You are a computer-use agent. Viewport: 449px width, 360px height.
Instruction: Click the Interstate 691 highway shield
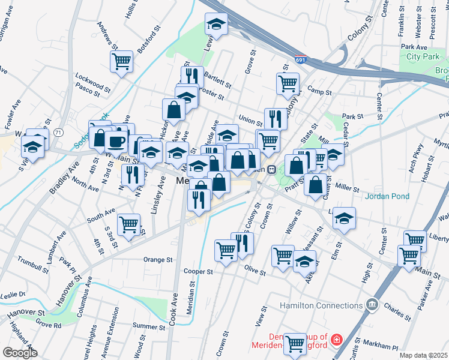(x=301, y=60)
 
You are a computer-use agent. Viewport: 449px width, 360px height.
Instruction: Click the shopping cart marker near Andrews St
(x=121, y=61)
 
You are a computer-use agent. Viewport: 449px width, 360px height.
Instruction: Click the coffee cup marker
(x=115, y=142)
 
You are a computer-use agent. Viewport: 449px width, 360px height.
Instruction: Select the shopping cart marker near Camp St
(x=288, y=83)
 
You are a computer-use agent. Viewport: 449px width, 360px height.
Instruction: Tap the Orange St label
(x=158, y=260)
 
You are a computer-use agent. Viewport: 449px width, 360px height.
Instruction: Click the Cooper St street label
(x=199, y=272)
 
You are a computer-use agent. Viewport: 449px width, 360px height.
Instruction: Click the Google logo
(x=19, y=353)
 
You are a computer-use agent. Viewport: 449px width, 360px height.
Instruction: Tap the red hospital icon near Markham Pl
(x=336, y=340)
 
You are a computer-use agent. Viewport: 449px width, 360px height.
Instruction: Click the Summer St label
(x=145, y=326)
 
